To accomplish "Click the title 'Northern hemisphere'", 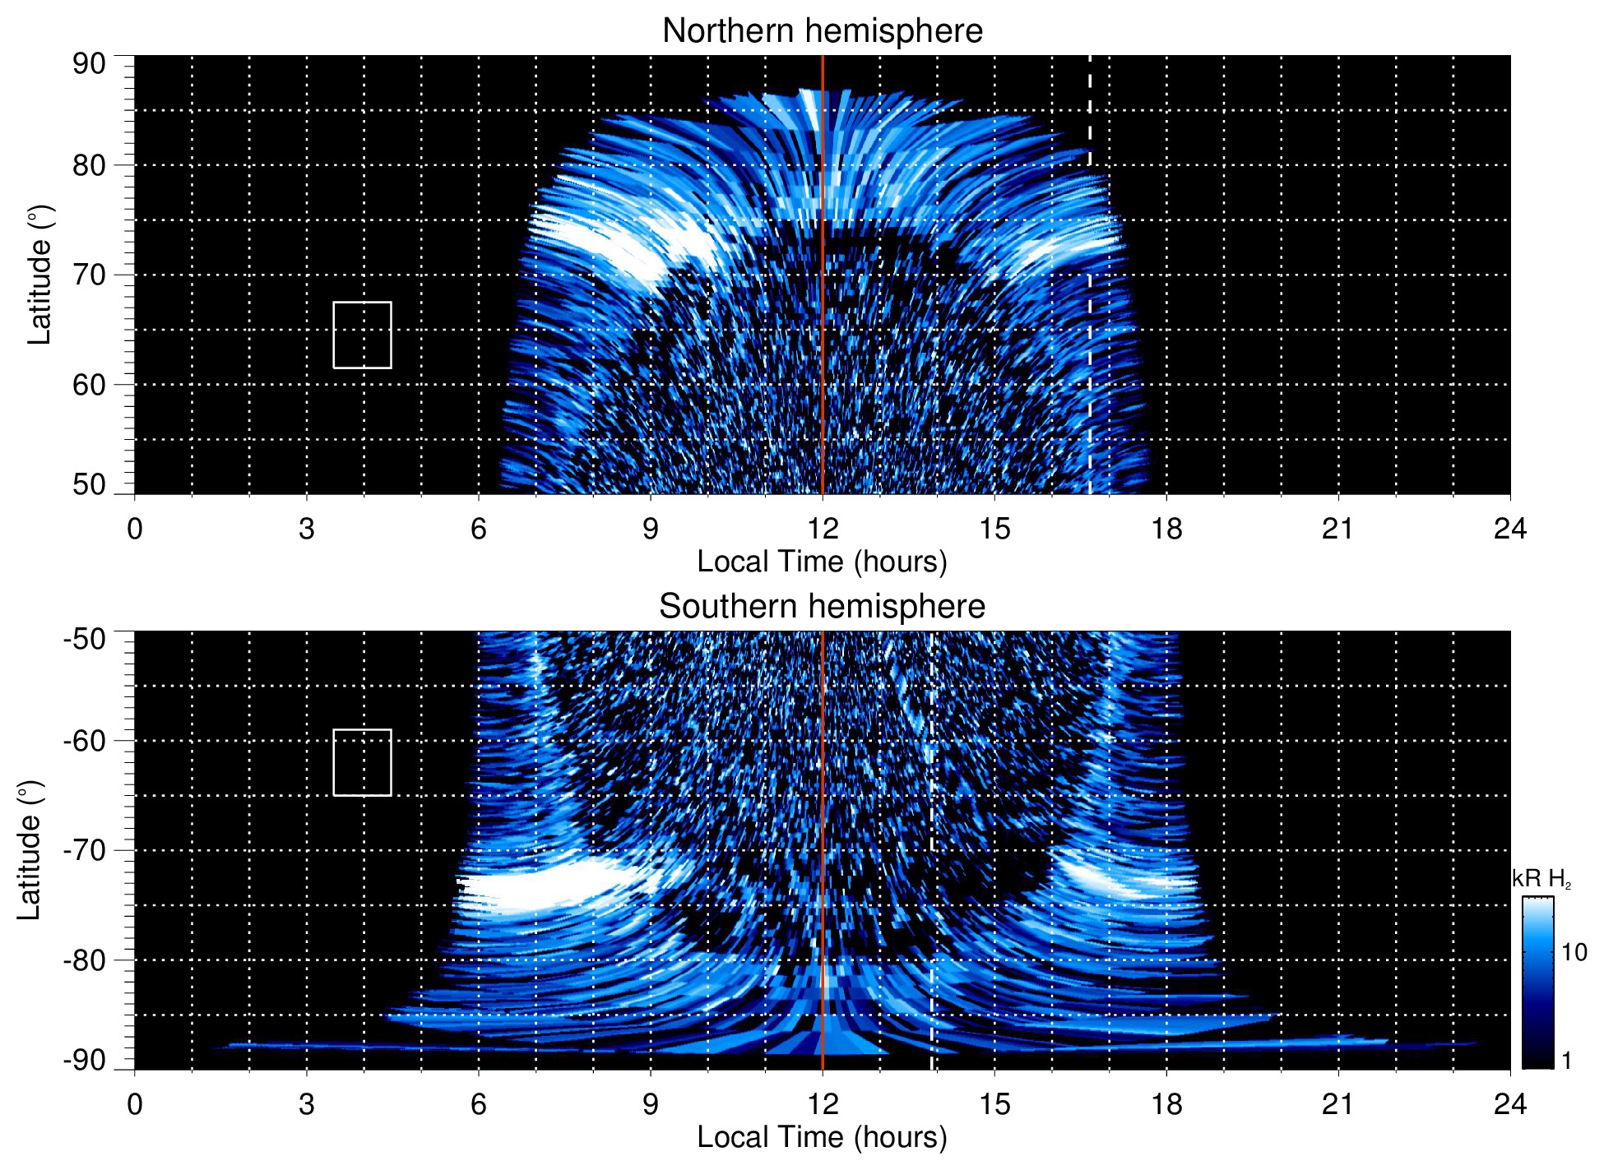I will (x=822, y=31).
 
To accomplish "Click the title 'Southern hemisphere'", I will (x=822, y=607).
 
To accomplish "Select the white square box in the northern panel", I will (x=362, y=335).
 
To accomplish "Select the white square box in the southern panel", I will (x=362, y=762).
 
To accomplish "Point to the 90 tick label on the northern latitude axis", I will (x=89, y=64).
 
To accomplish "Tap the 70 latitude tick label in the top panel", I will (x=89, y=275).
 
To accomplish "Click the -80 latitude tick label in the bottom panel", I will (x=84, y=960).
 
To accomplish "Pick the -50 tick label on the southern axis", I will (x=84, y=639).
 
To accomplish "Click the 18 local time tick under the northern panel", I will (x=1166, y=529).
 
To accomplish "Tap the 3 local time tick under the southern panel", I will (x=306, y=1104).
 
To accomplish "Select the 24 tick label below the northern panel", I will (x=1509, y=529).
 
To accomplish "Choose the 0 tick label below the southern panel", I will (x=135, y=1104).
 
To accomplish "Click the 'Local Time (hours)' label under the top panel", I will (x=822, y=562).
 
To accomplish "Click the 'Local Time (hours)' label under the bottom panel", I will (x=822, y=1138).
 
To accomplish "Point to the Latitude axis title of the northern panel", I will (x=39, y=275).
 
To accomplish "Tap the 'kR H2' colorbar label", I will (x=1541, y=879).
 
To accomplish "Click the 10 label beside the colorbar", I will (x=1574, y=953).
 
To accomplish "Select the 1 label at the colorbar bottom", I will (x=1566, y=1061).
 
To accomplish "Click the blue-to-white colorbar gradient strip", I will (x=1537, y=983).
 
